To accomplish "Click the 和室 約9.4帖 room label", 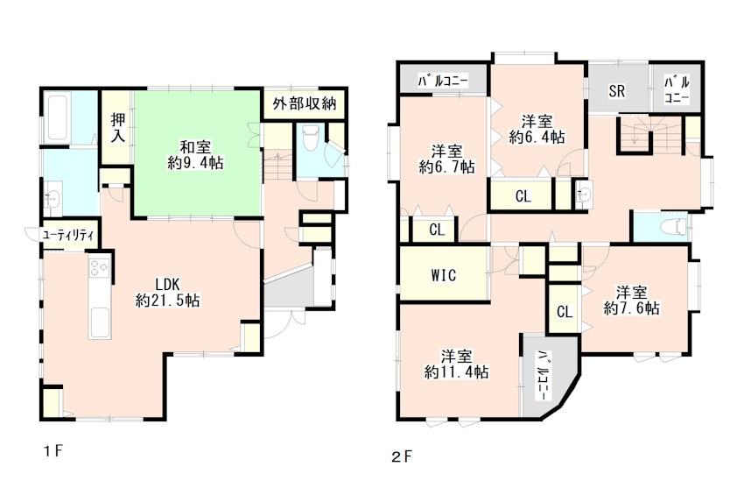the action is click(195, 155).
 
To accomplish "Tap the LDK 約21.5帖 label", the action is click(167, 293).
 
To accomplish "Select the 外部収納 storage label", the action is click(305, 103).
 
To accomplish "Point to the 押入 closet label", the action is click(118, 128).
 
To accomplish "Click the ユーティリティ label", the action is click(69, 235).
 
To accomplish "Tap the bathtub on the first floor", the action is click(58, 118).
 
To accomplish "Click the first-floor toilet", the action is click(312, 138).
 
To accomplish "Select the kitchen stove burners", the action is click(100, 267).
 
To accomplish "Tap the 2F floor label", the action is click(402, 457).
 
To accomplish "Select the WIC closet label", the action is click(444, 275).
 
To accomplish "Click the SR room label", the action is click(617, 90).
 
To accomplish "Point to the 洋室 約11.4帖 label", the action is click(456, 364).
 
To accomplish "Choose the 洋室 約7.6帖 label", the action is click(632, 301).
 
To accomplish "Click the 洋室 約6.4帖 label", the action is click(537, 129).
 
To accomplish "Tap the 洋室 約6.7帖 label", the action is click(446, 159).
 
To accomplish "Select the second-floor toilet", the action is click(675, 228).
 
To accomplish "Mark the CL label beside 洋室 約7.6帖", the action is click(565, 312).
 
